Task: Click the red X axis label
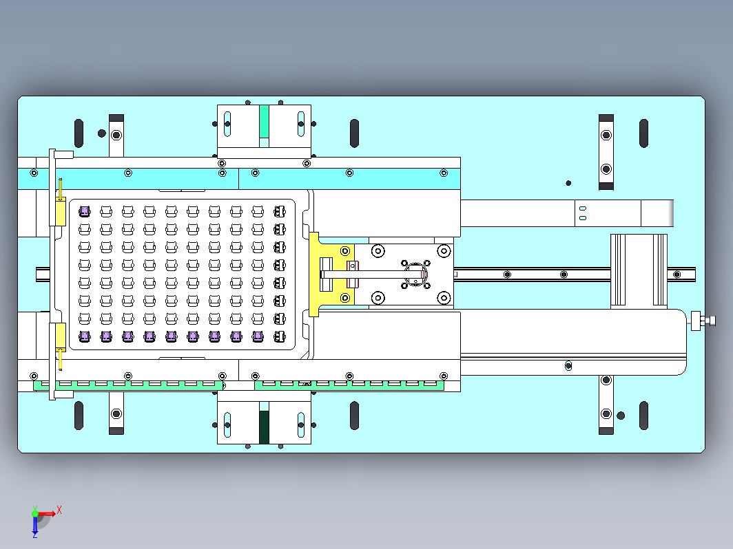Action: [x=59, y=509]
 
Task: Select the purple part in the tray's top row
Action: [x=85, y=211]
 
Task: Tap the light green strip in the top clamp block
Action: [x=264, y=121]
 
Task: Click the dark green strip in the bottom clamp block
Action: [x=264, y=427]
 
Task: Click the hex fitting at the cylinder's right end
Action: [x=703, y=321]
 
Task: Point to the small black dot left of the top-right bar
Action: [x=568, y=183]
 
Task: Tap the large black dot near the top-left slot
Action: [x=101, y=133]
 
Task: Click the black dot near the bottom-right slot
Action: [x=621, y=416]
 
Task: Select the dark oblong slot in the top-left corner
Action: [x=79, y=133]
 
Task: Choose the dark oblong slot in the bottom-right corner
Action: [x=643, y=415]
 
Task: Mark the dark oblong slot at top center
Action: [x=354, y=133]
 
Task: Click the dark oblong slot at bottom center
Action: [x=354, y=415]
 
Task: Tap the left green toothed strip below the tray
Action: [x=128, y=385]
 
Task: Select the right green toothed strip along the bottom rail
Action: [x=349, y=385]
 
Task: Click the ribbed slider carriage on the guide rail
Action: [x=639, y=271]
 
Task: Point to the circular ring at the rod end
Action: [x=415, y=274]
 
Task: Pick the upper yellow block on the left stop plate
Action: [x=61, y=211]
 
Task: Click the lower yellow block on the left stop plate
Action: [x=61, y=337]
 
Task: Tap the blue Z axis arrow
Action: [x=35, y=525]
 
